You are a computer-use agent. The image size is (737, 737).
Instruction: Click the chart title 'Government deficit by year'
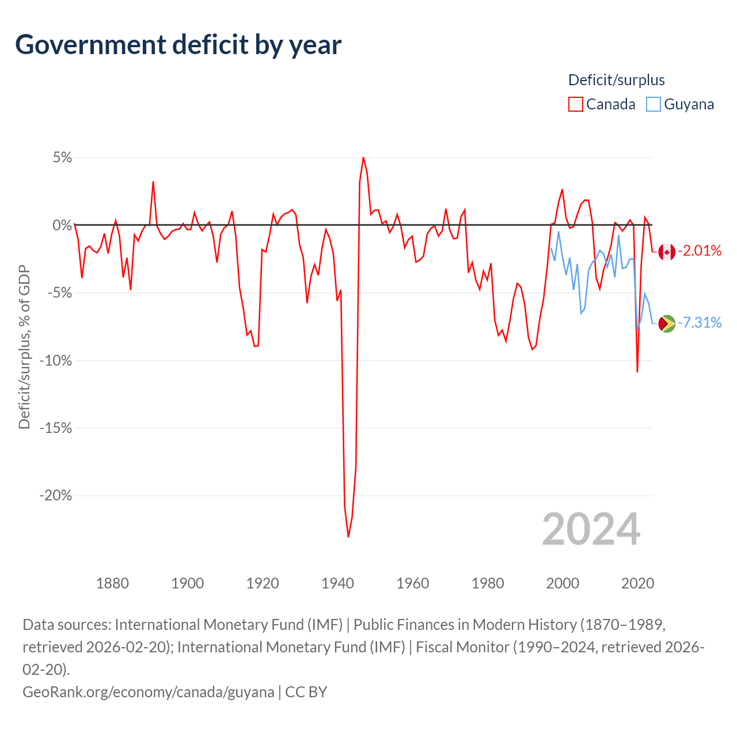(x=178, y=45)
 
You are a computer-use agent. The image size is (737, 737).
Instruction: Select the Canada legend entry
(x=602, y=104)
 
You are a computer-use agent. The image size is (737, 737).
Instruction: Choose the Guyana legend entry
(x=680, y=104)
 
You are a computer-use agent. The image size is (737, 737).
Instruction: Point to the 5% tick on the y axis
(x=62, y=158)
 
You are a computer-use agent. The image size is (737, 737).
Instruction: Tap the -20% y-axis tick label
(x=56, y=496)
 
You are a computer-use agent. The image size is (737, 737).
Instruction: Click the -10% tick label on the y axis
(x=56, y=361)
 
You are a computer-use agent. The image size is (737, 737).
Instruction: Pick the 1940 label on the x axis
(x=337, y=583)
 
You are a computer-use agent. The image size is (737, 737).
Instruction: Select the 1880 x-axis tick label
(x=112, y=583)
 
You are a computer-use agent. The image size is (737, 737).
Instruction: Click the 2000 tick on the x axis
(x=563, y=583)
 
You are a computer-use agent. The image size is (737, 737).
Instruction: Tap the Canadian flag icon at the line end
(x=667, y=252)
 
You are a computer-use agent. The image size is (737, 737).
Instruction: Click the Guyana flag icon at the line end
(x=667, y=324)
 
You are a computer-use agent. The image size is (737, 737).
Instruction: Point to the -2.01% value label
(x=700, y=250)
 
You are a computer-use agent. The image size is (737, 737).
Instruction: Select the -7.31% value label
(x=700, y=322)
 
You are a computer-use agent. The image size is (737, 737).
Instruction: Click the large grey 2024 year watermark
(x=591, y=529)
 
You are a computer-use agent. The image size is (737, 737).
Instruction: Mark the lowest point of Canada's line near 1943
(x=348, y=537)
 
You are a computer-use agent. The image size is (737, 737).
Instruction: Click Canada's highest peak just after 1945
(x=363, y=157)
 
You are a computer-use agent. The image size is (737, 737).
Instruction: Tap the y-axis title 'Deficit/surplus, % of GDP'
(x=24, y=347)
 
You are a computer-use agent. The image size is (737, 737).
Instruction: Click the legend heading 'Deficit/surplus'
(x=616, y=80)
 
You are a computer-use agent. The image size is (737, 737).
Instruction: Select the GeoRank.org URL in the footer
(x=148, y=692)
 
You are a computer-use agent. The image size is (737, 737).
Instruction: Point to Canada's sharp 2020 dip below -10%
(x=637, y=371)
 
